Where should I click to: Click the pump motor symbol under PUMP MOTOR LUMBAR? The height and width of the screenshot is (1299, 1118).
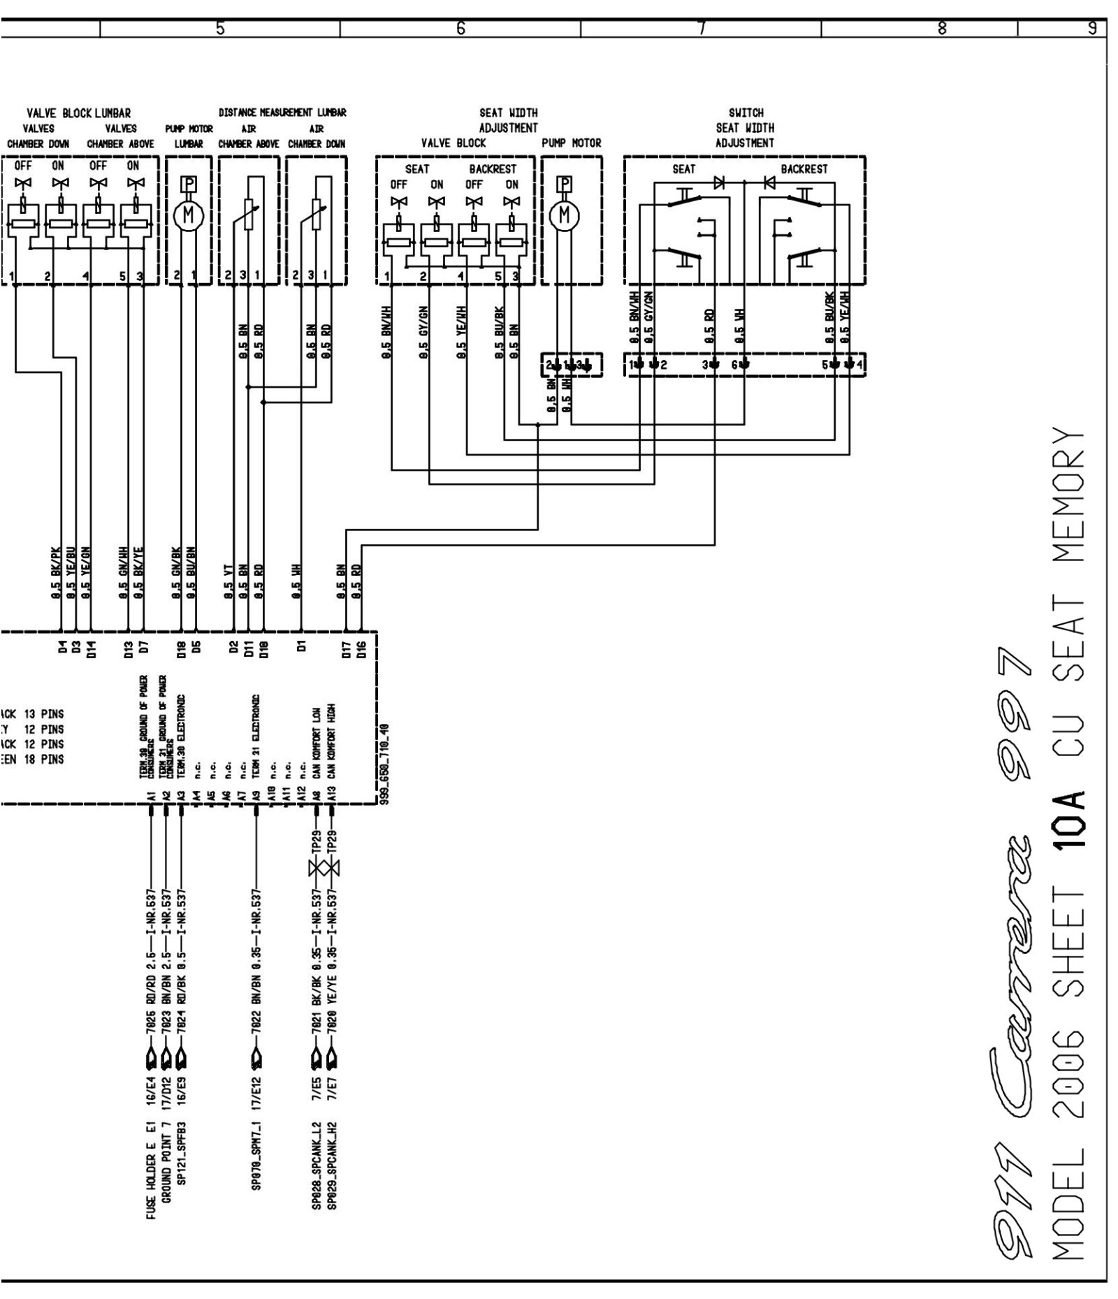(x=188, y=217)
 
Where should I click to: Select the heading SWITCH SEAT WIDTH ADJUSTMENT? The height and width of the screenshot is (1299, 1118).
(x=745, y=128)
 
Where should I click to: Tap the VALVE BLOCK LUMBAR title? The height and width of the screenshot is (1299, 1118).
(x=78, y=113)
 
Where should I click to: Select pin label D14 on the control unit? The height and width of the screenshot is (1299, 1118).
(x=90, y=651)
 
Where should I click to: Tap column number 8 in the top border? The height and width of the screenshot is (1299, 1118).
(x=941, y=29)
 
